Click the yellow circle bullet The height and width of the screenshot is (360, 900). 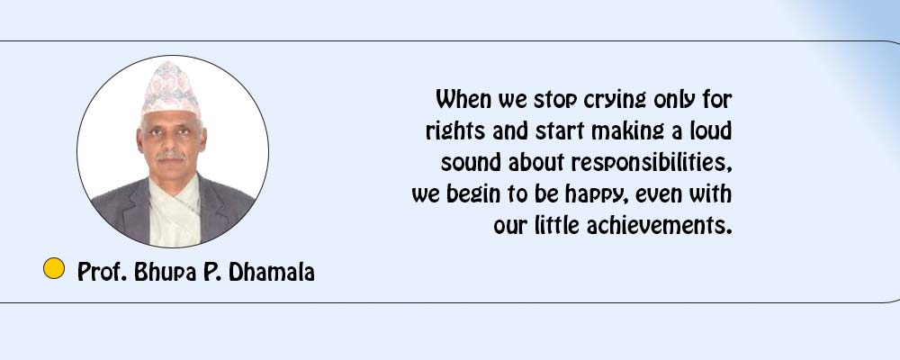[54, 269]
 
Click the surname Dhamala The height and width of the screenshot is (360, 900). [272, 272]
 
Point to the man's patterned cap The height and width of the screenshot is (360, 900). [171, 90]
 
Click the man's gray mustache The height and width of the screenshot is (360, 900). [171, 155]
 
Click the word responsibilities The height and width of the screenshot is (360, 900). [652, 164]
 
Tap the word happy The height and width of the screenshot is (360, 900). [596, 195]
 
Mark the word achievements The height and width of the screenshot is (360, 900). [660, 225]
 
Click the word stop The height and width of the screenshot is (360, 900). [555, 101]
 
